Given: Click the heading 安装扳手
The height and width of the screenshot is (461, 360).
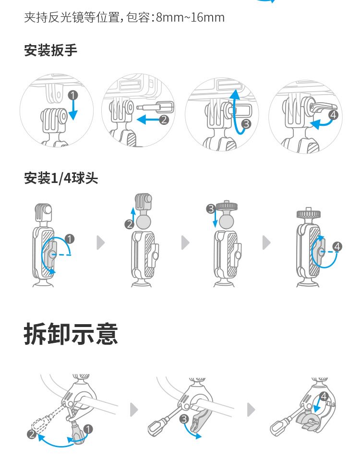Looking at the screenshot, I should [50, 50].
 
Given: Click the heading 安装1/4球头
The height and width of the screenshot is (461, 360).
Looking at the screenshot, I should [61, 179].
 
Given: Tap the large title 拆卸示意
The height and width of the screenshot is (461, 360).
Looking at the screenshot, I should [71, 334].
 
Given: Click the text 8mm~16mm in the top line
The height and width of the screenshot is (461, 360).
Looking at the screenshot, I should [190, 18].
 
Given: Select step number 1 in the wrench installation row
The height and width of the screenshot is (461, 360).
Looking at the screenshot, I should [72, 95].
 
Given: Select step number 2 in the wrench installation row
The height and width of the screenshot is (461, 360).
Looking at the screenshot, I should [164, 120].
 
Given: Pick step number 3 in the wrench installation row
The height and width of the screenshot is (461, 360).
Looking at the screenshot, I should [247, 124].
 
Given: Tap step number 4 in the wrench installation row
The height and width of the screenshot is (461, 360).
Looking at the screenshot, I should [332, 115].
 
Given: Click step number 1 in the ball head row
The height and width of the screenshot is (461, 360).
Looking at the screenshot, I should [70, 239].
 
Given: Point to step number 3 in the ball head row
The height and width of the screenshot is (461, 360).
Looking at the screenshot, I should [210, 208].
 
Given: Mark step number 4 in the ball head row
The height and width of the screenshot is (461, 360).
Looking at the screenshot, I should [337, 247].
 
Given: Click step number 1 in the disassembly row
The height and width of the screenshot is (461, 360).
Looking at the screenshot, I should [88, 428].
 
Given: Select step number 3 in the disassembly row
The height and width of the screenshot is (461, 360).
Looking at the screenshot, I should [184, 419].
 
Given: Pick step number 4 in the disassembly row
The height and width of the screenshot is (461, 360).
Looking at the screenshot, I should [324, 397].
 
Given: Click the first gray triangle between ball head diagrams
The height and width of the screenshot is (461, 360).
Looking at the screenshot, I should [100, 243].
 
